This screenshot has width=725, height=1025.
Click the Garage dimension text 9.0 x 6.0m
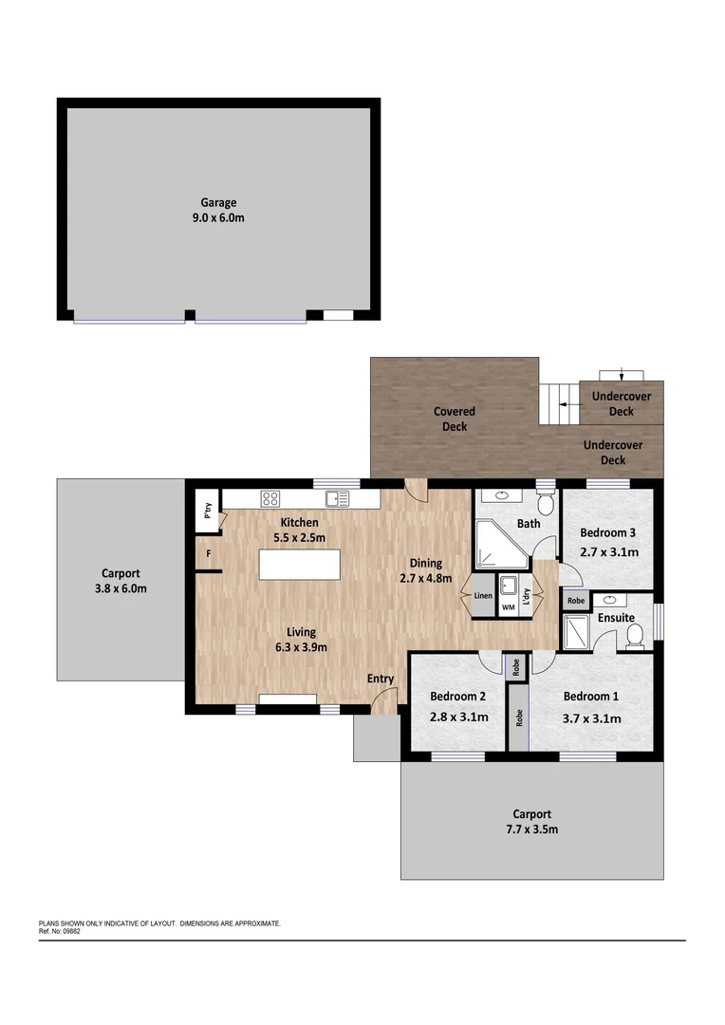[218, 218]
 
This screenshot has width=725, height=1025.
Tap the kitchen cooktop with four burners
[270, 497]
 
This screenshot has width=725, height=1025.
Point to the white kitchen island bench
[299, 567]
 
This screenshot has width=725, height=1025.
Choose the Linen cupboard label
[483, 596]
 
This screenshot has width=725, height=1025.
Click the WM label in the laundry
[508, 606]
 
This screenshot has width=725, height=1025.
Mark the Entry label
[381, 679]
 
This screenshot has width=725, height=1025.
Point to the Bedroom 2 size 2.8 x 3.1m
[459, 717]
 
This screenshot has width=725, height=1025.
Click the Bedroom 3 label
[607, 532]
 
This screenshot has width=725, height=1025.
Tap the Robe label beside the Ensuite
[575, 601]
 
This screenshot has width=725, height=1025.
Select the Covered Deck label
[455, 419]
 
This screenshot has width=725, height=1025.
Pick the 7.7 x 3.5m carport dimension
[531, 829]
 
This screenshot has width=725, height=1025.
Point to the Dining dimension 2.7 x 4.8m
[426, 577]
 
